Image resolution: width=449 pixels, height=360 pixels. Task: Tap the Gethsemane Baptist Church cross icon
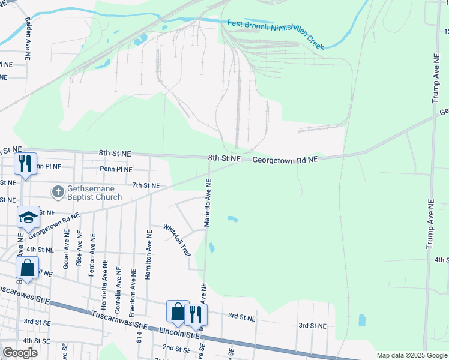pyautogui.click(x=58, y=193)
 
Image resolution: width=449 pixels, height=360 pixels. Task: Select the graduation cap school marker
pyautogui.click(x=27, y=218)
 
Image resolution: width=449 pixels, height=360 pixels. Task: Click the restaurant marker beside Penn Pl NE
pyautogui.click(x=25, y=164)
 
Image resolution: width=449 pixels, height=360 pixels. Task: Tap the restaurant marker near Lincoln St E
pyautogui.click(x=196, y=314)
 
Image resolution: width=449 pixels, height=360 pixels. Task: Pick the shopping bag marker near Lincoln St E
pyautogui.click(x=178, y=311)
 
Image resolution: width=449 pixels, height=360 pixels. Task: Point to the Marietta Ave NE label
pyautogui.click(x=208, y=203)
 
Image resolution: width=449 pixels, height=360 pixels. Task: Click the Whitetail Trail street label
pyautogui.click(x=178, y=239)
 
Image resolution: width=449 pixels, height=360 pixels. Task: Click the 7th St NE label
pyautogui.click(x=146, y=186)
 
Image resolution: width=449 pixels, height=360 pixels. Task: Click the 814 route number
pyautogui.click(x=138, y=341)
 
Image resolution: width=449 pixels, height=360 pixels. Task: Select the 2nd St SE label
pyautogui.click(x=176, y=348)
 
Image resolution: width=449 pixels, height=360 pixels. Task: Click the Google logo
pyautogui.click(x=20, y=353)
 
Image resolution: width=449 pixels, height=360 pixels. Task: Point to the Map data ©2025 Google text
pyautogui.click(x=411, y=355)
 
